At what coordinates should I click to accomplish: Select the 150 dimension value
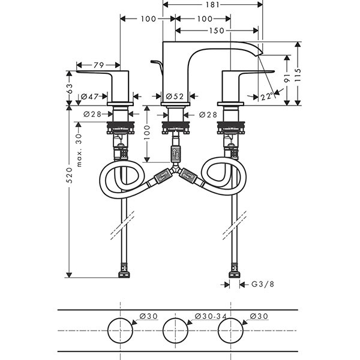pos(217,31)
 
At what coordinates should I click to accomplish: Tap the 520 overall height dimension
pos(69,175)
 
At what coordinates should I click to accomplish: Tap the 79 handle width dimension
pos(98,65)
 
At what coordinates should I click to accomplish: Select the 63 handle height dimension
pos(69,88)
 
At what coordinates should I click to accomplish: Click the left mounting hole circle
pos(121,331)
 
